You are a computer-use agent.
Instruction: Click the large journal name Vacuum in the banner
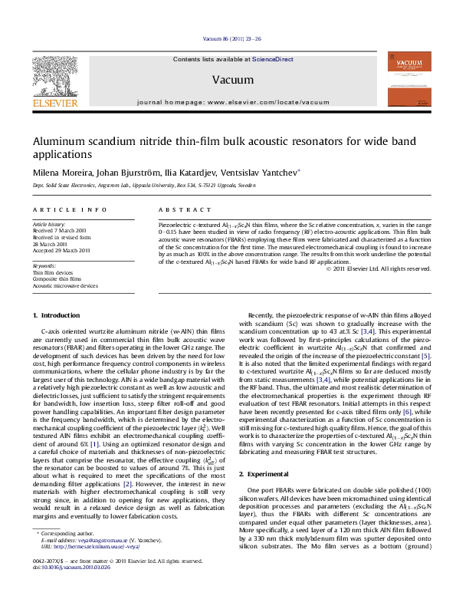[228, 79]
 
